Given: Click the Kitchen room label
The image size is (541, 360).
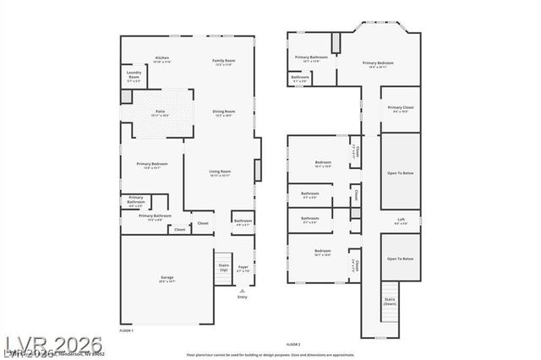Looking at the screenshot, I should [161, 59].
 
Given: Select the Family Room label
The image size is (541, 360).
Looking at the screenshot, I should [224, 61].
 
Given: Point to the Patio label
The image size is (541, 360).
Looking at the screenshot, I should [160, 112].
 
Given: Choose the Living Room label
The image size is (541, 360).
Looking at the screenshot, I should [220, 173].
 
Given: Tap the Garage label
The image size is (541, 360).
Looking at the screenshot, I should [167, 279].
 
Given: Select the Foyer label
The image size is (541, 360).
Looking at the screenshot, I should [243, 270].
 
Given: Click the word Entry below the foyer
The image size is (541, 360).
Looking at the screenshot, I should [243, 297].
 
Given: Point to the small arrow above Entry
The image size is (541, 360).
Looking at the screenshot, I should [243, 290].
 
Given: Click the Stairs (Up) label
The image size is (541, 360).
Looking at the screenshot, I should [223, 267].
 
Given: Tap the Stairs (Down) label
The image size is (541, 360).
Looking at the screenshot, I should [390, 301].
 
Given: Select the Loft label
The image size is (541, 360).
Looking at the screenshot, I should [402, 221].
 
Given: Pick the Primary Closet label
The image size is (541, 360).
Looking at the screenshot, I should [401, 109].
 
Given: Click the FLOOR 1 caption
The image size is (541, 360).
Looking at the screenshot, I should [126, 329].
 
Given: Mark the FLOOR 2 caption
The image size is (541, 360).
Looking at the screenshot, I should [293, 345].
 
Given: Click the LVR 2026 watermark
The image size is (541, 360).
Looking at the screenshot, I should [52, 345].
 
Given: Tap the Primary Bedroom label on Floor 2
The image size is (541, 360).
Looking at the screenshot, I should [378, 64].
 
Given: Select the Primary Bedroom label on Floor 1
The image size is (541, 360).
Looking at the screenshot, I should [152, 165].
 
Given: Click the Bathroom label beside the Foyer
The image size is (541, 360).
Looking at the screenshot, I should [243, 222].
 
